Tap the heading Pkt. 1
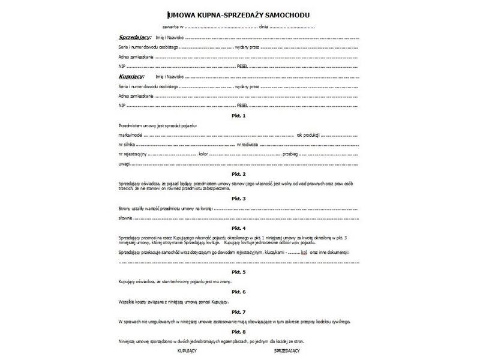tap(239, 115)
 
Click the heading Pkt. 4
tap(239, 228)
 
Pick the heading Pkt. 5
tap(239, 271)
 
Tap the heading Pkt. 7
tap(239, 312)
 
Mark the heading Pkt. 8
tap(239, 331)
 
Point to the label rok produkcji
tap(308, 135)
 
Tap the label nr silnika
tap(127, 145)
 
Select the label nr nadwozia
tap(248, 145)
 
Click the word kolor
tap(203, 154)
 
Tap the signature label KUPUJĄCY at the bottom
tap(188, 349)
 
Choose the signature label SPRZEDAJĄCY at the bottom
tap(287, 349)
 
